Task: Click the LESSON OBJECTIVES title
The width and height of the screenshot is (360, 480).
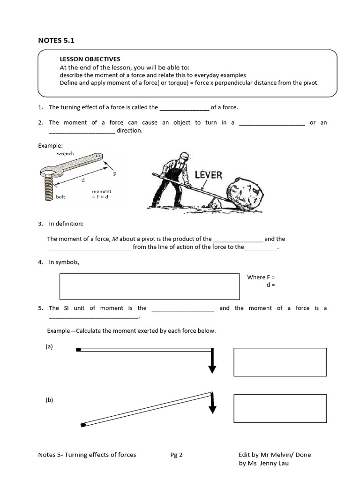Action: pyautogui.click(x=90, y=59)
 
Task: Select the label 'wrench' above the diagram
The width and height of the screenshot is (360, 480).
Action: pyautogui.click(x=65, y=153)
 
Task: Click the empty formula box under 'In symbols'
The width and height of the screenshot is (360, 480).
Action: pyautogui.click(x=149, y=286)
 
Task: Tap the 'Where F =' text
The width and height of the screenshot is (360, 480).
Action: pyautogui.click(x=261, y=277)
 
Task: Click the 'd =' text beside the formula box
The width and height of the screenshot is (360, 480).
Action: pyautogui.click(x=270, y=285)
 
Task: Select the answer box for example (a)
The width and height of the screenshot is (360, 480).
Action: pyautogui.click(x=280, y=362)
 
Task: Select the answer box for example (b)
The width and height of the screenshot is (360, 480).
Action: pyautogui.click(x=280, y=408)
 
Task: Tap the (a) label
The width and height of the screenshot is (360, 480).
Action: pyautogui.click(x=49, y=346)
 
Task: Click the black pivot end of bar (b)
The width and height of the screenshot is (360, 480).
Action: pyautogui.click(x=83, y=425)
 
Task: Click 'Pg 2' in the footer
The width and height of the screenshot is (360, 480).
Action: pyautogui.click(x=177, y=454)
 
